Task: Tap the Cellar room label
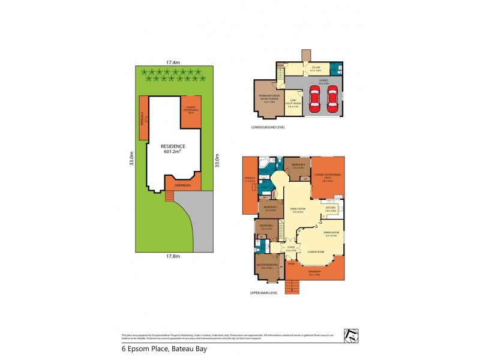[x=316, y=68]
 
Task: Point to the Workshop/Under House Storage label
[x=266, y=98]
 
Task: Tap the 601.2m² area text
[x=173, y=152]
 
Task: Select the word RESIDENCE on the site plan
[x=173, y=146]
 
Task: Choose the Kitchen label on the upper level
[x=330, y=208]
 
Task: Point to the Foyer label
[x=291, y=247]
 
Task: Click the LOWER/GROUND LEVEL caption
[x=268, y=128]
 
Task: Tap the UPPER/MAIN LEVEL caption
[x=264, y=293]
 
